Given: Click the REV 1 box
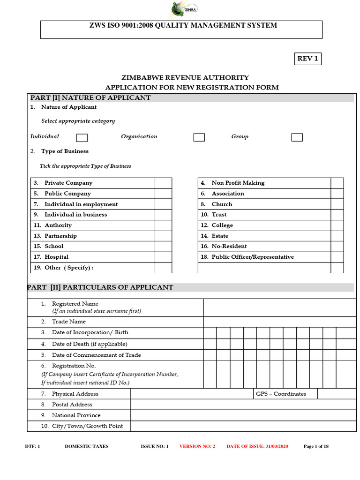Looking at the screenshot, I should click(307, 59).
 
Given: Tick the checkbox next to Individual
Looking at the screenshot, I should click(82, 137).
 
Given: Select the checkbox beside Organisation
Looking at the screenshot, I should click(199, 137).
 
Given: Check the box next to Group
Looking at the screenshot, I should click(297, 137).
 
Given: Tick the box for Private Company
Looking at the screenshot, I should click(163, 183).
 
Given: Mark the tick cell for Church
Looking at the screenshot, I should click(337, 204).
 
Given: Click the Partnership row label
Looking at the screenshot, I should click(60, 236).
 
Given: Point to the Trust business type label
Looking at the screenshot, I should click(219, 215).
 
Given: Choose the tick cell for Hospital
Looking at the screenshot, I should click(163, 257).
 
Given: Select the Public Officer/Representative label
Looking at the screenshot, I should click(253, 257).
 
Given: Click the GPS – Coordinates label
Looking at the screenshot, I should click(281, 394).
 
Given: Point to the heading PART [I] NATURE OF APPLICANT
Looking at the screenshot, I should click(90, 97).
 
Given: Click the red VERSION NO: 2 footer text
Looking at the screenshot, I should click(197, 446).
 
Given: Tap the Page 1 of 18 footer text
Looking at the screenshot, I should click(316, 446).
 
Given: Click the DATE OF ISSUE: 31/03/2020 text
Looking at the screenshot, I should click(258, 446).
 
